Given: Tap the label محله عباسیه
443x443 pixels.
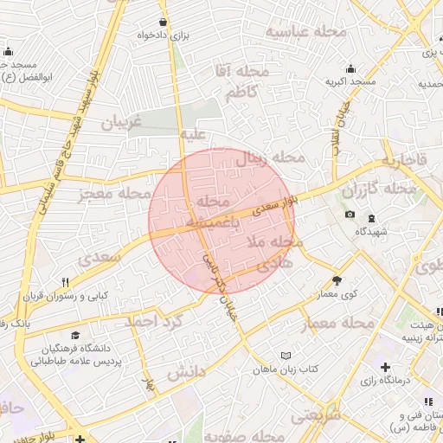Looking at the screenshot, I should [x=305, y=32].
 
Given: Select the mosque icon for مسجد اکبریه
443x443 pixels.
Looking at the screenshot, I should [x=350, y=69].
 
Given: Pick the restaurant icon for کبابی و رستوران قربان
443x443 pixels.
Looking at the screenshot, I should [x=65, y=282].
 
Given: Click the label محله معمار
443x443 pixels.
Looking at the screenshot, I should [x=338, y=324].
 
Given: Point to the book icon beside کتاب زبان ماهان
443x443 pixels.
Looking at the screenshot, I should [x=286, y=354].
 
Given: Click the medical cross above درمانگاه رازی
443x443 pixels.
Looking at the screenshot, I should [x=385, y=367].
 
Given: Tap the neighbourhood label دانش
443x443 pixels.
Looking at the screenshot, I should [x=185, y=372].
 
